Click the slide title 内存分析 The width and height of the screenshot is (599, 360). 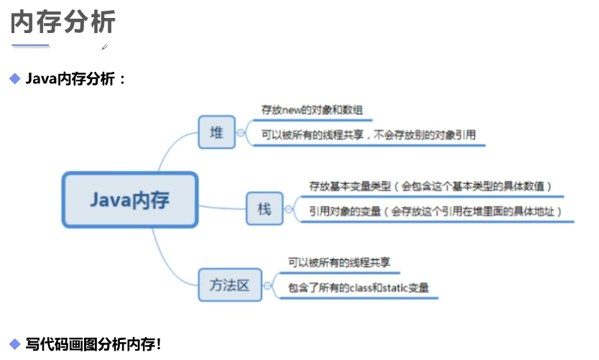(x=62, y=22)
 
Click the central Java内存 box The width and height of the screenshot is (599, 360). (x=129, y=199)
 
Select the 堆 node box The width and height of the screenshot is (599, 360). (x=216, y=132)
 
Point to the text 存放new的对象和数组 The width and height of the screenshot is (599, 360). (x=312, y=111)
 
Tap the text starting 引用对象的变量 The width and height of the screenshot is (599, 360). (x=435, y=211)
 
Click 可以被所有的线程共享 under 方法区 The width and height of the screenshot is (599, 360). (x=339, y=263)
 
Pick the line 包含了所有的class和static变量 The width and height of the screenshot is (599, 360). (x=358, y=287)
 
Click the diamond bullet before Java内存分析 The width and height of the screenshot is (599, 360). (x=14, y=78)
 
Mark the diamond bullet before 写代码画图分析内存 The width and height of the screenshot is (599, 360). (x=14, y=343)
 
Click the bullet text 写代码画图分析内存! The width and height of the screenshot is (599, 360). (x=93, y=343)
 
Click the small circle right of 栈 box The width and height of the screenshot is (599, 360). (x=289, y=209)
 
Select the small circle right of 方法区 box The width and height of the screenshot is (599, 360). (x=267, y=285)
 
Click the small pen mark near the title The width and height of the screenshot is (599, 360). (x=105, y=47)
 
